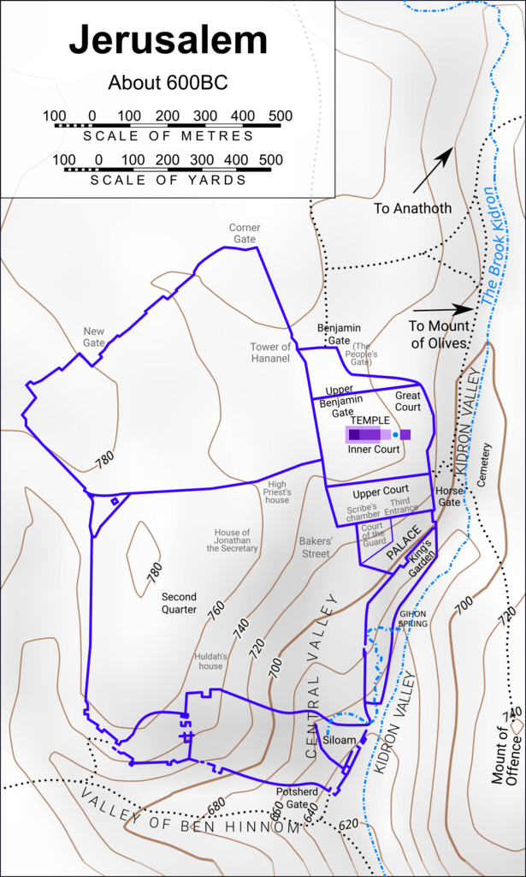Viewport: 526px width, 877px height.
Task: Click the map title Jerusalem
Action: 168,40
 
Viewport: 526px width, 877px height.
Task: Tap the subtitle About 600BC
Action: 168,83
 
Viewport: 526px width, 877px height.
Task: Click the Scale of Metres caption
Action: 168,135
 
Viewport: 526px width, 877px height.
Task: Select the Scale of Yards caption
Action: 168,180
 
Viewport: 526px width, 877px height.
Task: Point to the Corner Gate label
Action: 245,234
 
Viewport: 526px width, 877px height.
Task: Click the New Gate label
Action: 94,337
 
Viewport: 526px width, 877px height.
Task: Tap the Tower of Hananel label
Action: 271,353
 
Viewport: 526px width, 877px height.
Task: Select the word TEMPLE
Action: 369,421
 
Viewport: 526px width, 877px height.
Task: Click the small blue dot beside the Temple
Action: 395,435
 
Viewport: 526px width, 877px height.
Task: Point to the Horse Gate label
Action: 449,497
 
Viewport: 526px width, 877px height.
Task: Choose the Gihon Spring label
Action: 412,618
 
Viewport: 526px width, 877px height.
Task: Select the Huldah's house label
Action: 211,660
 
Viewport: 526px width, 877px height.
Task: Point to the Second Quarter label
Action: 180,603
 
